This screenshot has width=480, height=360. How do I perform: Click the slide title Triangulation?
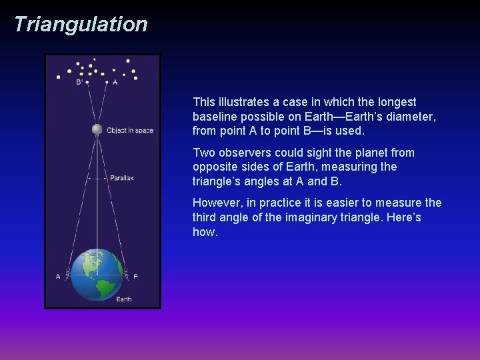tap(80, 24)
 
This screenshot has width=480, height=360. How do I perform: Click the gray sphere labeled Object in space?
tap(97, 129)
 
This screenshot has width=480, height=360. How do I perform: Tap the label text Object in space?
tap(130, 130)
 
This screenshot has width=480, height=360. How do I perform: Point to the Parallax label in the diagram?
tap(122, 178)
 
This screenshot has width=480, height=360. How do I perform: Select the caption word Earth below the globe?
tap(124, 299)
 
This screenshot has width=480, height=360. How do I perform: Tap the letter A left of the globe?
tap(58, 276)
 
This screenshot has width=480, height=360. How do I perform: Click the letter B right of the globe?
tap(136, 276)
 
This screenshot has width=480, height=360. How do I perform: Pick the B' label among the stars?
tap(79, 83)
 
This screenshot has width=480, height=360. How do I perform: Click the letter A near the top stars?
tap(115, 83)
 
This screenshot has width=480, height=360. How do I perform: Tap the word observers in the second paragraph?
tap(243, 153)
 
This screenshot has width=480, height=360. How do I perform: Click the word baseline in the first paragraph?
tap(214, 116)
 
